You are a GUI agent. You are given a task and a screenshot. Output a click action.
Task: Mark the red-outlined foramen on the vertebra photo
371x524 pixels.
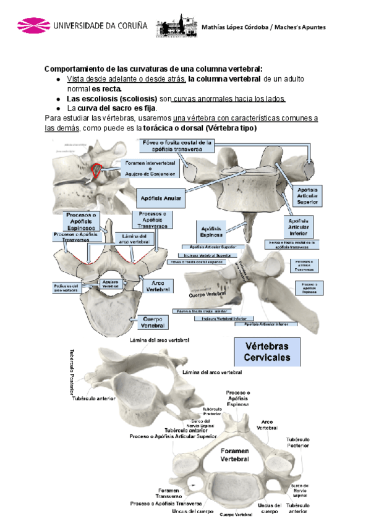(x=96, y=170)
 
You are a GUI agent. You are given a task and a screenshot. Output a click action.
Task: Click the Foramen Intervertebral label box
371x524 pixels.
(x=150, y=169)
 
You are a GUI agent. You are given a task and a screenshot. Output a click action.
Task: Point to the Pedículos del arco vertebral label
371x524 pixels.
(x=66, y=287)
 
